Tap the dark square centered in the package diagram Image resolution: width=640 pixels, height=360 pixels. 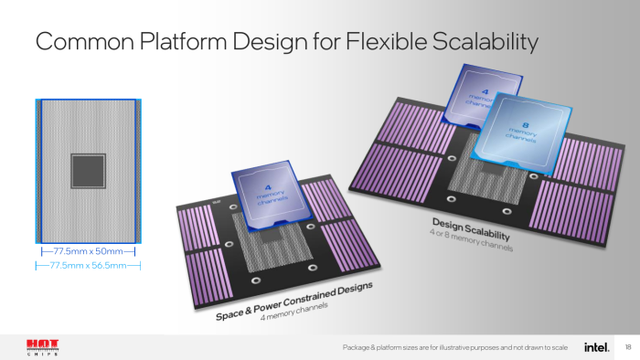click(x=88, y=170)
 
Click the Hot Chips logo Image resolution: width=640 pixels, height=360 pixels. click(x=42, y=348)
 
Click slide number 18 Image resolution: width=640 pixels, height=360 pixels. click(x=627, y=348)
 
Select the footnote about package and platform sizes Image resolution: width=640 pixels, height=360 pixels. click(x=454, y=348)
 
